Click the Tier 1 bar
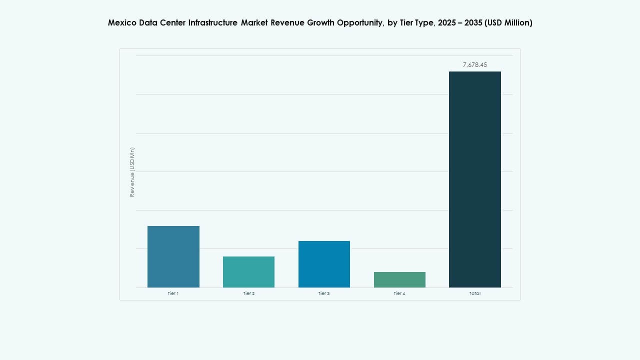pos(173,256)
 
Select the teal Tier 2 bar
pos(248,271)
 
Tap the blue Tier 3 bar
pos(324,264)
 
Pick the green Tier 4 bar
pos(399,279)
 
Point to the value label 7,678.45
pos(474,65)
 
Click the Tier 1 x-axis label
pos(173,293)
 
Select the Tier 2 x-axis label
pos(248,293)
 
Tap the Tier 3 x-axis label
pos(324,293)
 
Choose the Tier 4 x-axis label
pos(399,293)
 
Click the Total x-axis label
pos(474,293)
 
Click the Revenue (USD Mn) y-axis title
pos(132,171)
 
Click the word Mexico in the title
pos(121,23)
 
